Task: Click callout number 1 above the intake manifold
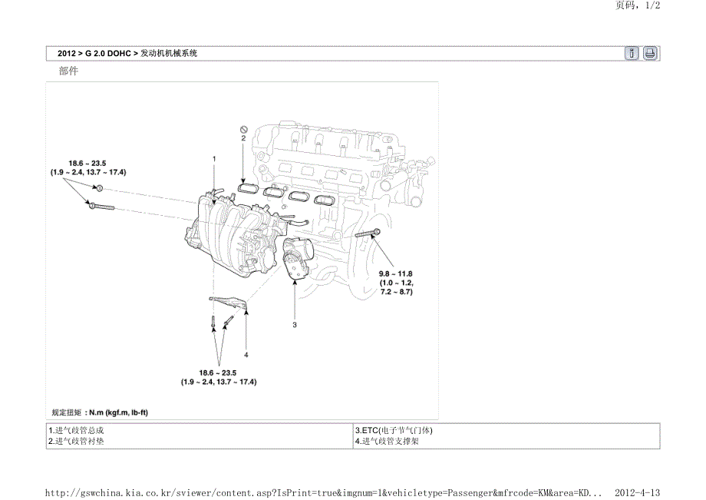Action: coord(214,157)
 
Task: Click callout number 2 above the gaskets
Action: coord(243,140)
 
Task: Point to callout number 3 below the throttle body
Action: coord(295,325)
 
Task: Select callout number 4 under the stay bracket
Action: coord(246,355)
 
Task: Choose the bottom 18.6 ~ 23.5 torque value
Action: coord(219,373)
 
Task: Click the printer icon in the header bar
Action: coord(649,53)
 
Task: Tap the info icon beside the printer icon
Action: coord(632,53)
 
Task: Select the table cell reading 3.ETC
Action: coord(388,431)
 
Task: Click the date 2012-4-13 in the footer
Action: coord(638,491)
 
